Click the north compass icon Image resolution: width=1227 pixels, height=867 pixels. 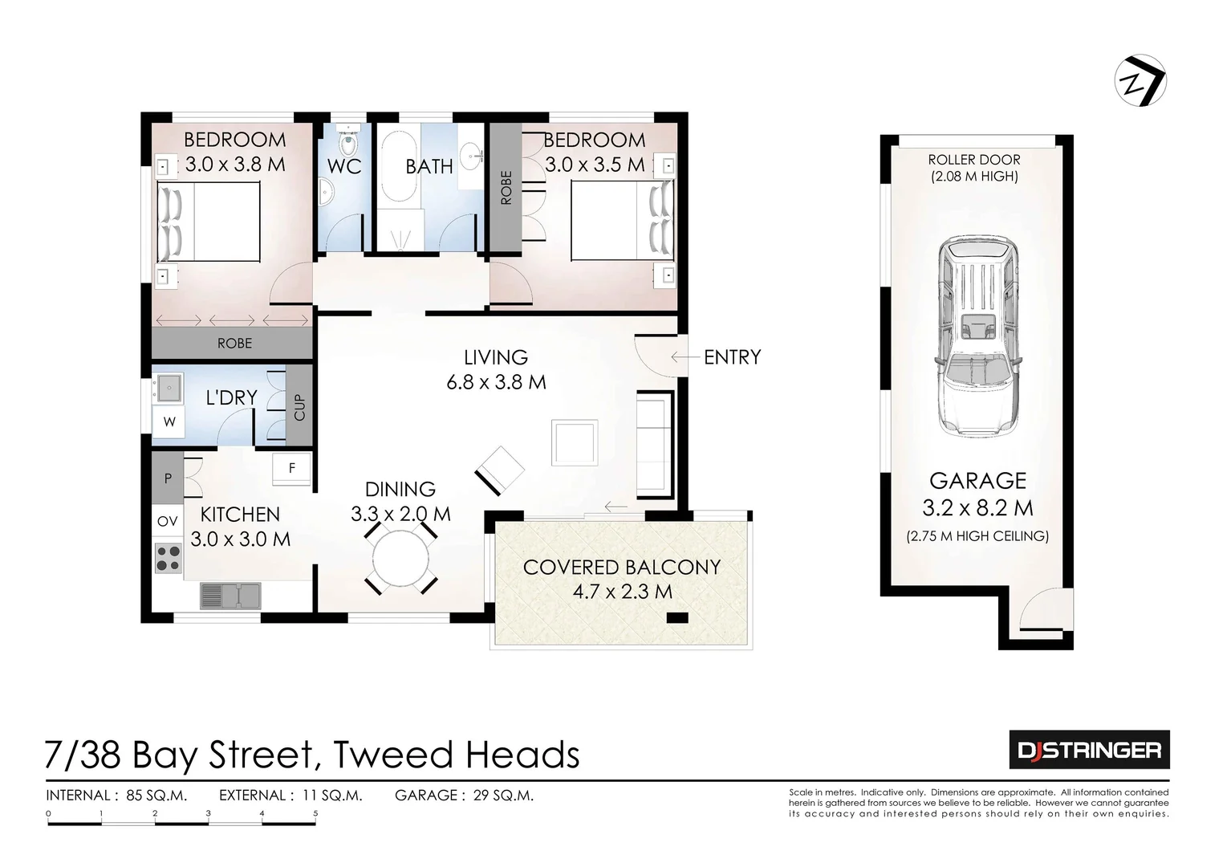click(x=1140, y=80)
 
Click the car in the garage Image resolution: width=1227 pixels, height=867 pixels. click(x=977, y=335)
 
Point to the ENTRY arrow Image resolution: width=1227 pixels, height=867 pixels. click(x=684, y=357)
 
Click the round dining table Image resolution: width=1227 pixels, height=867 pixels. click(x=401, y=560)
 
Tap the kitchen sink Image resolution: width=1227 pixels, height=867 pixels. click(x=230, y=596)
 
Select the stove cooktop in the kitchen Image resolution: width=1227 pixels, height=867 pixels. click(x=168, y=558)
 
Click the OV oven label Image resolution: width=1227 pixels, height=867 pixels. click(x=167, y=522)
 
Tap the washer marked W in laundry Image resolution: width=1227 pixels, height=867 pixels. click(x=169, y=421)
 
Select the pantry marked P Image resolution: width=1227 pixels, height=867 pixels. click(x=168, y=478)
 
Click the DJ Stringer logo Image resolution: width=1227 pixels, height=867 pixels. click(x=1089, y=751)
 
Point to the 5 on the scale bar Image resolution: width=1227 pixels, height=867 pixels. click(x=315, y=813)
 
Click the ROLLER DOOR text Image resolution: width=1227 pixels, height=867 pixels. click(x=974, y=160)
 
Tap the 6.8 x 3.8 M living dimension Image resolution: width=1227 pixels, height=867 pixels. click(x=496, y=382)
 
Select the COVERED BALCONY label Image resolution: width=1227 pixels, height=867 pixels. click(x=621, y=568)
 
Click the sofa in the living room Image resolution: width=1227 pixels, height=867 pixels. click(x=654, y=444)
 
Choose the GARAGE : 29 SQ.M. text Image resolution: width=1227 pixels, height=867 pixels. click(x=464, y=796)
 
